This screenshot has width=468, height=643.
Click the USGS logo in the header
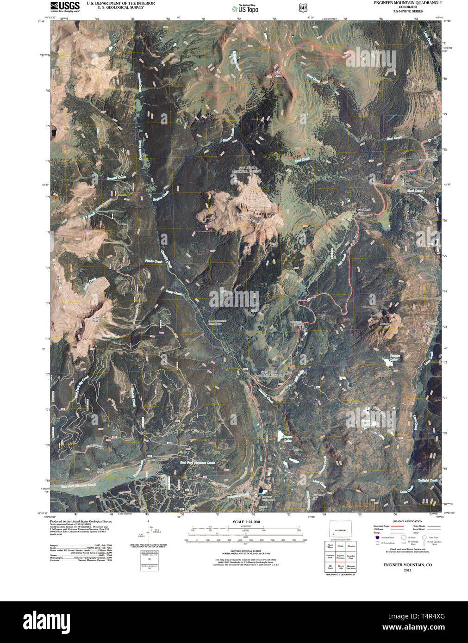point(65,6)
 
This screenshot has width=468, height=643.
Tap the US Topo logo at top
point(245,8)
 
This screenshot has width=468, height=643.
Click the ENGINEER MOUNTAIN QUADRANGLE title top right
point(408,3)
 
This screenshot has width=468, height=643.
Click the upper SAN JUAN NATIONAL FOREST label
point(250,169)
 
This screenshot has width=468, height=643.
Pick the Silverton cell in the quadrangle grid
point(351,546)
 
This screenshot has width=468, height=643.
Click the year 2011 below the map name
point(407,570)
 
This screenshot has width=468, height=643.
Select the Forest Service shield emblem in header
point(303,8)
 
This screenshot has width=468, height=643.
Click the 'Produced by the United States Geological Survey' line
point(81,521)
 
